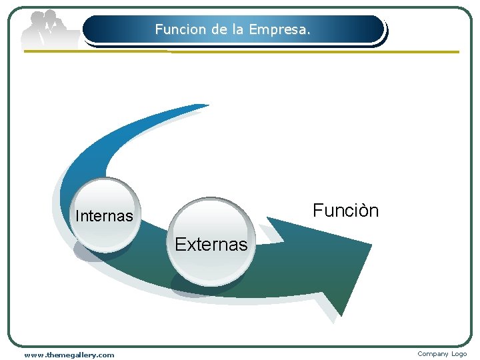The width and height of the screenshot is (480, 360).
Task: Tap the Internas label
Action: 104,216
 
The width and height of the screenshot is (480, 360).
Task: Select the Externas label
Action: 211,245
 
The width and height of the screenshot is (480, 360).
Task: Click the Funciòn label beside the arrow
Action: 345,211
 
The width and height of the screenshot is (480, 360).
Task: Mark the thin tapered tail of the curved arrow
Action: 200,106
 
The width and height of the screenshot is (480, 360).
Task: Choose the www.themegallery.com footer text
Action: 69,355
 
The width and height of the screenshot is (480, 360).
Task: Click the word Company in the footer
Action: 433,354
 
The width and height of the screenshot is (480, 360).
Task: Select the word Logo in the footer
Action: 459,354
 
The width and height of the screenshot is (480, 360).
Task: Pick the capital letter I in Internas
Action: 78,216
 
